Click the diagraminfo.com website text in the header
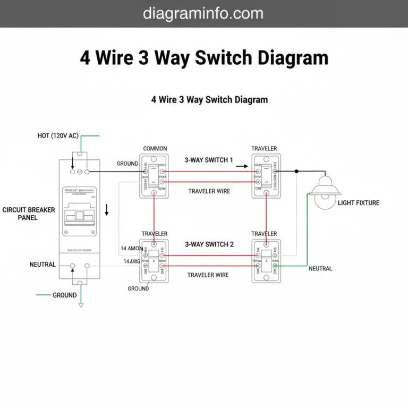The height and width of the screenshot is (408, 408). (203, 13)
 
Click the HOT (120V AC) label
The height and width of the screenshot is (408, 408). (58, 135)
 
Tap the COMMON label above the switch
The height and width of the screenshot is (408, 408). (155, 149)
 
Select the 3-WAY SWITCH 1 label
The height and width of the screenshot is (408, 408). (209, 160)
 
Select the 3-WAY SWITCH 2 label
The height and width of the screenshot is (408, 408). (209, 244)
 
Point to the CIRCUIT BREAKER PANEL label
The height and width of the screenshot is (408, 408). (28, 214)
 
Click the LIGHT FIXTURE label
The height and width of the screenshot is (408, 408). (359, 203)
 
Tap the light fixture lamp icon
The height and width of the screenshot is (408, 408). (325, 192)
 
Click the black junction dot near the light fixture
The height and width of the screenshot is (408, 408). (297, 172)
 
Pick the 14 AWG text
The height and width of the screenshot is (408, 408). (132, 261)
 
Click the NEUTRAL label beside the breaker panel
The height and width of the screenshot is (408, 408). (42, 264)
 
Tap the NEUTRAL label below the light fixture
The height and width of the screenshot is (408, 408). (320, 269)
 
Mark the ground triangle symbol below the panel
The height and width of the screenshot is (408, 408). (81, 305)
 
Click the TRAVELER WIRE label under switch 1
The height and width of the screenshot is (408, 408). (209, 191)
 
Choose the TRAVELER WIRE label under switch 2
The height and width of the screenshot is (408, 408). (208, 275)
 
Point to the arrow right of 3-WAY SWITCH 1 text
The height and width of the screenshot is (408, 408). (242, 166)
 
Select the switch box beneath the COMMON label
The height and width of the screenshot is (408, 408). (154, 176)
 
